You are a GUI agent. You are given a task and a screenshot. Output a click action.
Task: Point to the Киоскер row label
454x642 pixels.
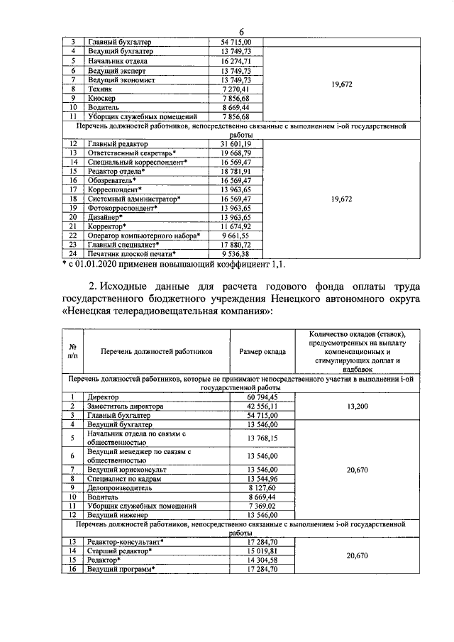(x=104, y=98)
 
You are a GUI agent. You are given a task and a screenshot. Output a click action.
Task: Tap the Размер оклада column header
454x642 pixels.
(x=262, y=350)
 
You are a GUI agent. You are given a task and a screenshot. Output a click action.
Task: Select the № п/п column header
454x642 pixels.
(x=72, y=350)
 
